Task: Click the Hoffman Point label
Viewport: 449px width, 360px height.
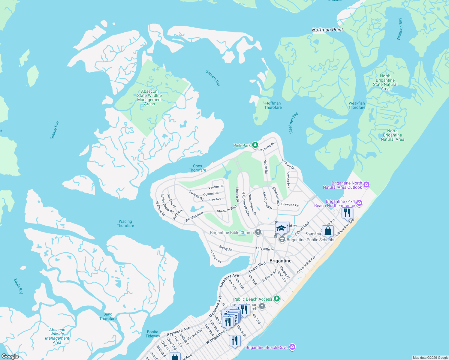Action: (x=327, y=30)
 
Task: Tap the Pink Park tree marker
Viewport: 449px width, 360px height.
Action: (x=255, y=145)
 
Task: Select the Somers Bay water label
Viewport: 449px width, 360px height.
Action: (x=213, y=78)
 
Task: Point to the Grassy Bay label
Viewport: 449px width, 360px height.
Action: (x=55, y=130)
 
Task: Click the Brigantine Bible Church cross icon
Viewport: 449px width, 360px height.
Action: (x=258, y=232)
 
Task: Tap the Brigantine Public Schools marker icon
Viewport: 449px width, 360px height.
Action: (x=282, y=239)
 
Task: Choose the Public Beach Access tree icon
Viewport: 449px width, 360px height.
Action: (x=277, y=299)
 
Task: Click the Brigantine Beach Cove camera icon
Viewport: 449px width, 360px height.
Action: (x=292, y=347)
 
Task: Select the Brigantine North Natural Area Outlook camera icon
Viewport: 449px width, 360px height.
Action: (x=366, y=185)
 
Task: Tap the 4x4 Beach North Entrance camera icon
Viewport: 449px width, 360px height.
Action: (x=359, y=203)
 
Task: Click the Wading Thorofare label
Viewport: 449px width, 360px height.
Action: (x=125, y=223)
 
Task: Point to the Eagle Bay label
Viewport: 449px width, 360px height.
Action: (x=18, y=286)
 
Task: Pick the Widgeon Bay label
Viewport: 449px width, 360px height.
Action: (x=399, y=29)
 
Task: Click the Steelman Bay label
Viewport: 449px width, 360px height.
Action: (x=293, y=123)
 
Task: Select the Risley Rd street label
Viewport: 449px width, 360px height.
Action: (x=226, y=248)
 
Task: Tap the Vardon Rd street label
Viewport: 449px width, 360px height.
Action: (x=216, y=187)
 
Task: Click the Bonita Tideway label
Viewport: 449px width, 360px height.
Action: (x=153, y=334)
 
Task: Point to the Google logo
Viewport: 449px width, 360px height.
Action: (x=10, y=356)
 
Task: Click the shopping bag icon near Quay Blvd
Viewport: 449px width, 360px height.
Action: (x=328, y=231)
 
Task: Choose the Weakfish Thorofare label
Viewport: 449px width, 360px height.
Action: (x=357, y=105)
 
